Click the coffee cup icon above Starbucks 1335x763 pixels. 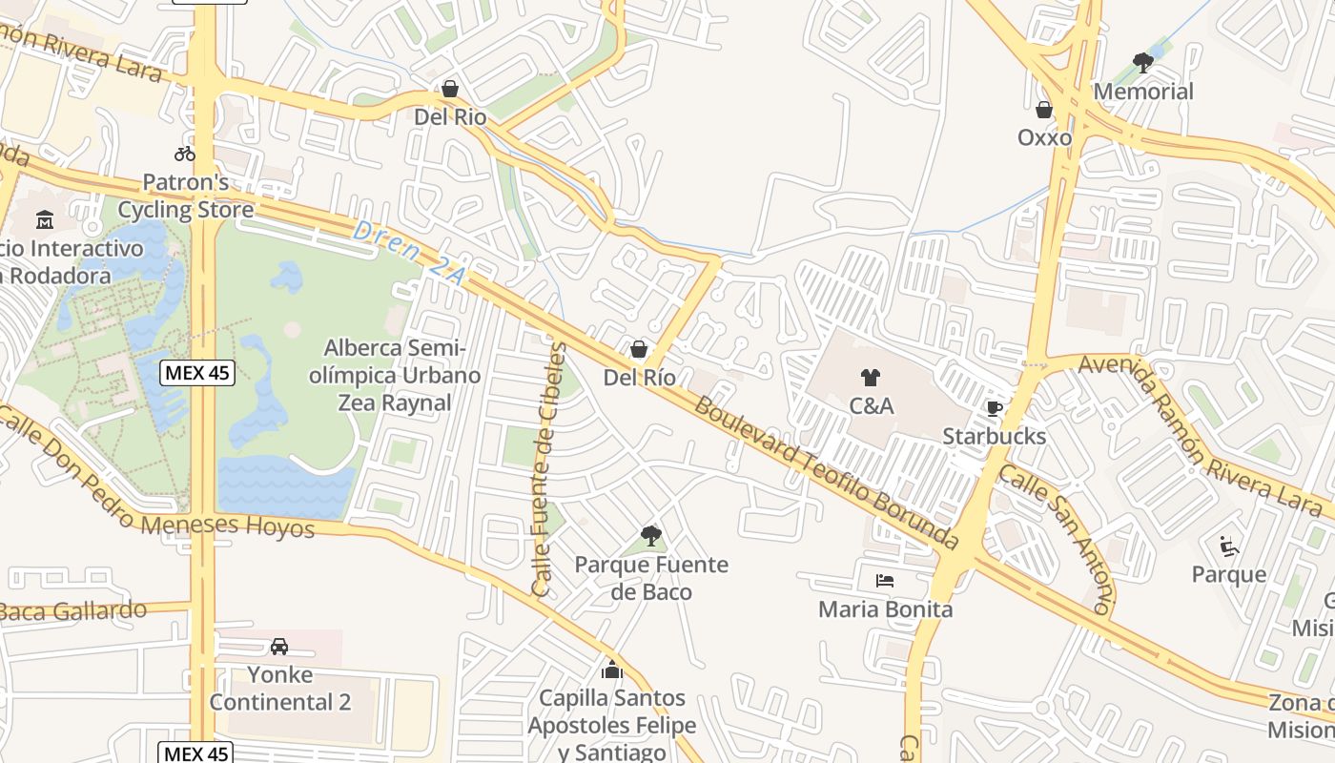coord(994,408)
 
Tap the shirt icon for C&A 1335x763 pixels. coord(870,378)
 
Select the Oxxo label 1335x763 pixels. coord(1044,137)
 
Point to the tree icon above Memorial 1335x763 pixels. coord(1142,63)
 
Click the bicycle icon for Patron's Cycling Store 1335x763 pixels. coord(185,153)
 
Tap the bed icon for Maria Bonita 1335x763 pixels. coord(885,580)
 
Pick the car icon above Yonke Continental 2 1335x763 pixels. coord(279,646)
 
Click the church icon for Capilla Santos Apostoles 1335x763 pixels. coord(611,670)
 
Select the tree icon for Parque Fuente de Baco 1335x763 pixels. coord(651,535)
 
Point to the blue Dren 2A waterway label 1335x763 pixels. coord(409,255)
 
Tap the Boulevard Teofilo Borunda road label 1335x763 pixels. coord(825,473)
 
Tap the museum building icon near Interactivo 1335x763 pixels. coord(44,220)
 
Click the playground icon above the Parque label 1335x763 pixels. coord(1229,546)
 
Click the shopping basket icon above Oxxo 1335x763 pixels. coord(1044,110)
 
